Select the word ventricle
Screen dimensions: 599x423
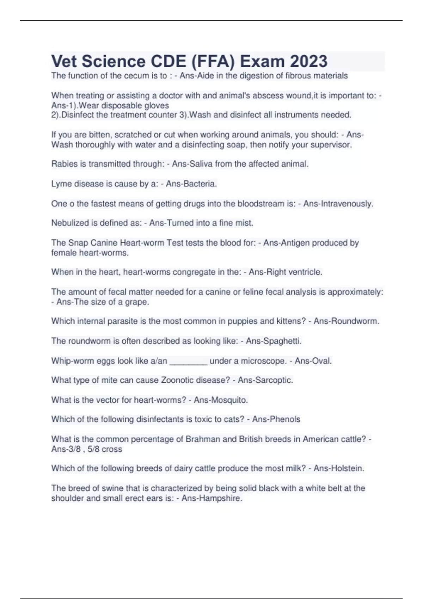tap(305, 272)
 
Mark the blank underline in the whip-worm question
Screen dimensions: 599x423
tap(189, 361)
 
